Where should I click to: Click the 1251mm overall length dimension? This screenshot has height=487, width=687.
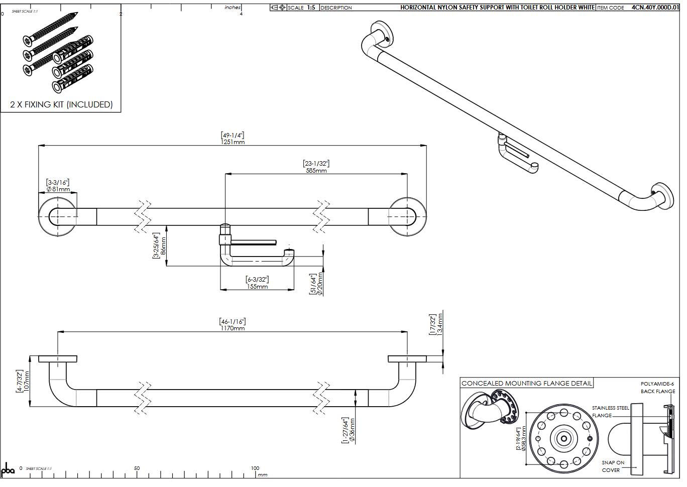pos(233,142)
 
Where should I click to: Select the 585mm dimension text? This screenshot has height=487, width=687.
pos(316,170)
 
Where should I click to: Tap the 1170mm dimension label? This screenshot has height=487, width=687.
pos(232,328)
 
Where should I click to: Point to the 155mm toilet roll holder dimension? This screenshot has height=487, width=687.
pos(257,286)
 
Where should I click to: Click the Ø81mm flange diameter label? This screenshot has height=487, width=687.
pos(58,189)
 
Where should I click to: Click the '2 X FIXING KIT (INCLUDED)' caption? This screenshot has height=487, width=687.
pos(61,104)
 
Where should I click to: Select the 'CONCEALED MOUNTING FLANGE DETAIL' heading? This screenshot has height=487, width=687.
pos(526,383)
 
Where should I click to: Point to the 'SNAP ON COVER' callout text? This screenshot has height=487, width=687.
pos(613,466)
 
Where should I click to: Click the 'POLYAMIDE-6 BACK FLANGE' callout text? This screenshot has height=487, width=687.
pos(657,387)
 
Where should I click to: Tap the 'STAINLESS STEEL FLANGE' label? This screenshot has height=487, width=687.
pos(610,412)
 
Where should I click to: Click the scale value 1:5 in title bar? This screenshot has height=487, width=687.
pos(311,8)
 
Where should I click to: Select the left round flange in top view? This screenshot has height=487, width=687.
pos(58,216)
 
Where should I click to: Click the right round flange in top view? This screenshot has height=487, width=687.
pos(407,216)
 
